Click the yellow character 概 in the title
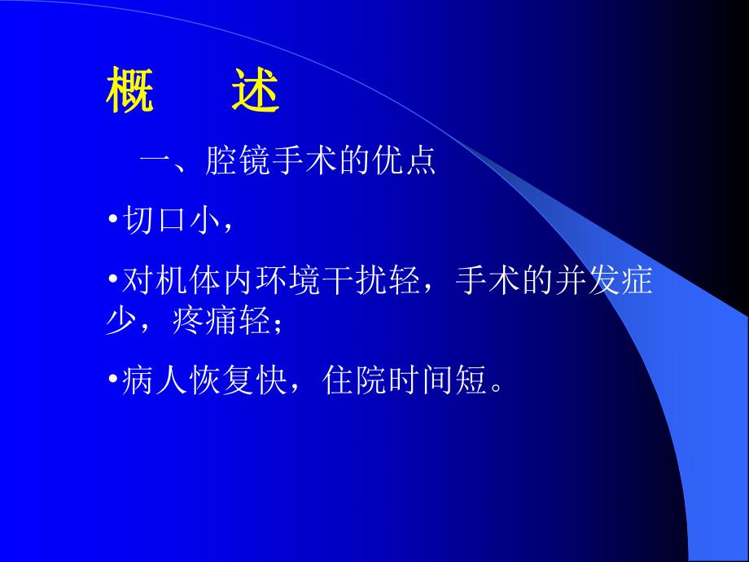click(129, 94)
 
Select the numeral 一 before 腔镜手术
click(155, 161)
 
